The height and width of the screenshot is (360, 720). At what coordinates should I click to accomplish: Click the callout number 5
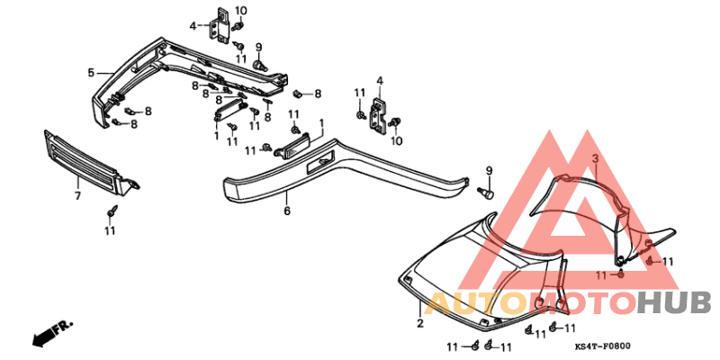pyautogui.click(x=91, y=72)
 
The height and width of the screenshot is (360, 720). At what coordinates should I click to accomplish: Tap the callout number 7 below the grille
pyautogui.click(x=77, y=195)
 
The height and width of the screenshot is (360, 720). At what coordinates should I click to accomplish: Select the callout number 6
pyautogui.click(x=287, y=211)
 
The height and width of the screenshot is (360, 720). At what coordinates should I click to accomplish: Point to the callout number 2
pyautogui.click(x=419, y=322)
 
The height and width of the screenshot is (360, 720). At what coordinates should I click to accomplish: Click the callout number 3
pyautogui.click(x=595, y=158)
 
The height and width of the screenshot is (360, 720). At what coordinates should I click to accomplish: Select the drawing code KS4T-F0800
pyautogui.click(x=602, y=345)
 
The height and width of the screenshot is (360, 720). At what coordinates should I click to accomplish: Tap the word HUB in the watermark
pyautogui.click(x=673, y=303)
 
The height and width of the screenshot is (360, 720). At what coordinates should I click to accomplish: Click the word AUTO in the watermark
pyautogui.click(x=472, y=303)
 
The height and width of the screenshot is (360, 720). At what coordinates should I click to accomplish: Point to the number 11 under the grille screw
pyautogui.click(x=110, y=231)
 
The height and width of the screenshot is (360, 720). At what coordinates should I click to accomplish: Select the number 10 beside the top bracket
pyautogui.click(x=240, y=11)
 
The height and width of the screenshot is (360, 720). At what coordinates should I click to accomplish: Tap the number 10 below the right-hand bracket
pyautogui.click(x=397, y=140)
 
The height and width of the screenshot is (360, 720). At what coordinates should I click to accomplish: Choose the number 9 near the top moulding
pyautogui.click(x=258, y=47)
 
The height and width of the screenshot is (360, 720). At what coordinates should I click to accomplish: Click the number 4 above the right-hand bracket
pyautogui.click(x=380, y=82)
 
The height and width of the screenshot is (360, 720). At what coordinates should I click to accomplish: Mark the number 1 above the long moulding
pyautogui.click(x=320, y=121)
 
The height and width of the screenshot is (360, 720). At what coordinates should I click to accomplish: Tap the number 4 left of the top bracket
pyautogui.click(x=193, y=25)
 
